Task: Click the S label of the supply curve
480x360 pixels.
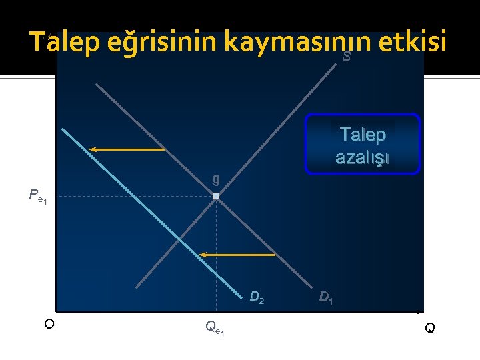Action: [x=346, y=58]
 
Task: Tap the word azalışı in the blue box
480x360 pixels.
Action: [x=362, y=158]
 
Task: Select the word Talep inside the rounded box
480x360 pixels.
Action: [x=362, y=135]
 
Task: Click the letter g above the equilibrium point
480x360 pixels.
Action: [x=215, y=179]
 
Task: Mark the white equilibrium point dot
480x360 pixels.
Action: [x=216, y=197]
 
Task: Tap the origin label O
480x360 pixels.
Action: [x=49, y=325]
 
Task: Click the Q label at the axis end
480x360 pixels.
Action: [x=430, y=328]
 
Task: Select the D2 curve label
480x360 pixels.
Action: [x=257, y=297]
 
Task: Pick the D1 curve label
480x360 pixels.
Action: [x=326, y=297]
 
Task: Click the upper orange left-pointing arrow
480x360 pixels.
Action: [x=127, y=149]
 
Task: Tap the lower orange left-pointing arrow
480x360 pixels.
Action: [x=238, y=255]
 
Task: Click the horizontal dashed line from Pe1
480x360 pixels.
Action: [x=133, y=197]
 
